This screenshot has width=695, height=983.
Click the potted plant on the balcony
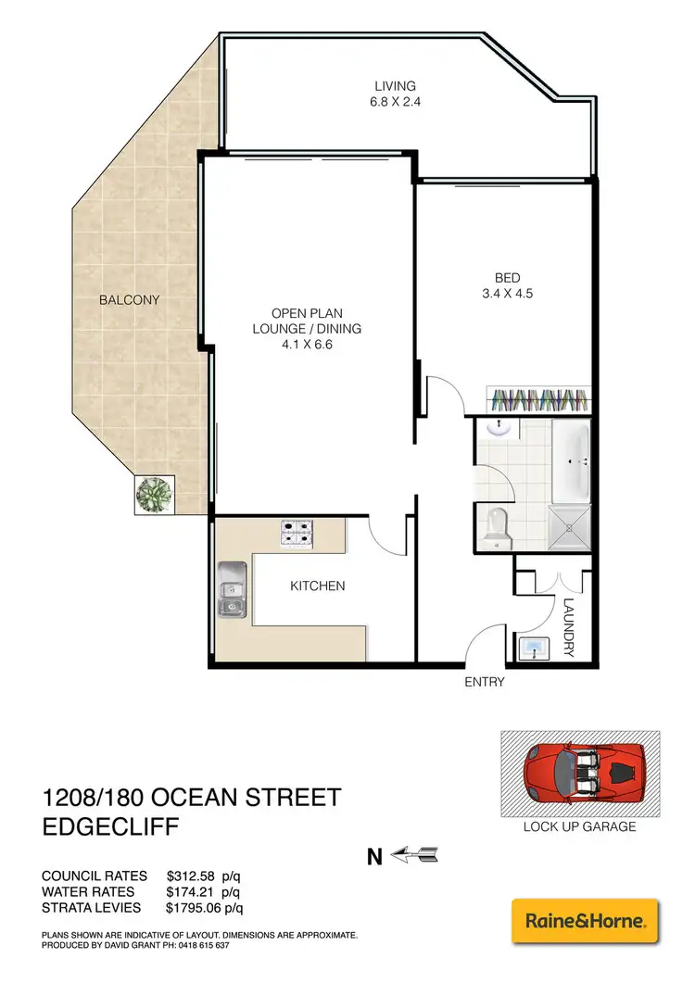point(152,495)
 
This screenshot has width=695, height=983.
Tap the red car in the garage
point(580,773)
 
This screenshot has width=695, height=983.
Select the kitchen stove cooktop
point(299,531)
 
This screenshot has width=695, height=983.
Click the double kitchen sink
point(231,590)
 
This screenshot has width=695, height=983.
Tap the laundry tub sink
point(536,649)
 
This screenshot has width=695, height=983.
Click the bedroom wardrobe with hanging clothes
point(538,400)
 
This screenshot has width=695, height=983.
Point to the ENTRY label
point(485,683)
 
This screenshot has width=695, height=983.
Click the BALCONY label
point(131,300)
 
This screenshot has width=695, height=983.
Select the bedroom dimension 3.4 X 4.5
point(507,294)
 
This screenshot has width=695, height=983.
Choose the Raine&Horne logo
point(585,921)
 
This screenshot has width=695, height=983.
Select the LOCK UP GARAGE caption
point(580,825)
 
